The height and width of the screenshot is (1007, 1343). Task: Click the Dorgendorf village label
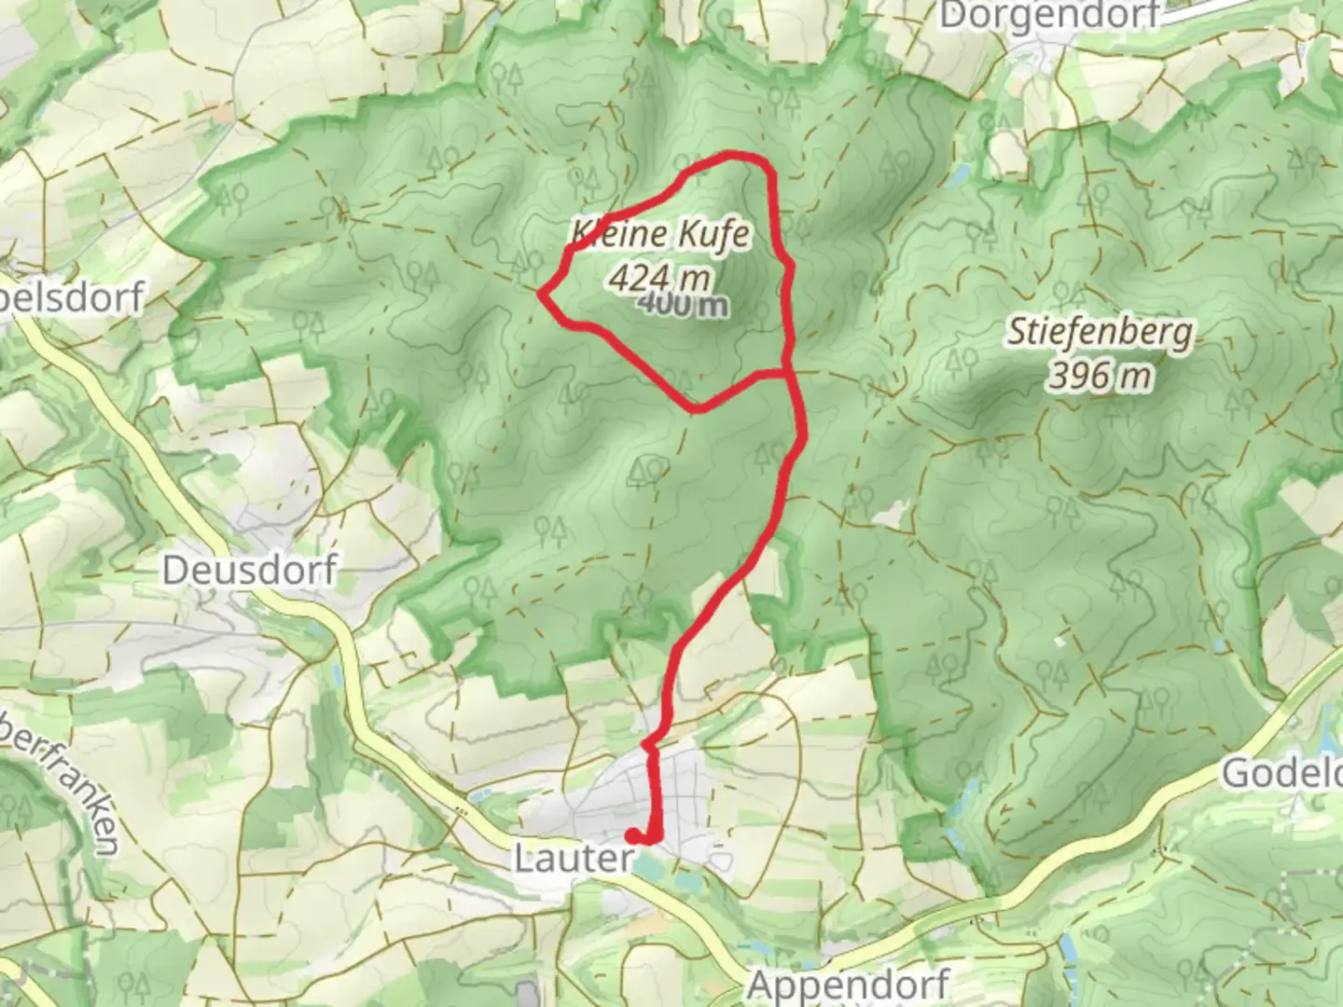(x=1049, y=16)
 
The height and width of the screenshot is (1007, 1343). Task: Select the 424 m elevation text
(x=658, y=277)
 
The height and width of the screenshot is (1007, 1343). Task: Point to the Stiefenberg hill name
(x=1099, y=333)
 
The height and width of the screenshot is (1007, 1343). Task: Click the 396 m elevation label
(x=1100, y=376)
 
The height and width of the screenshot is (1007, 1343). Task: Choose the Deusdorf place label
(x=249, y=569)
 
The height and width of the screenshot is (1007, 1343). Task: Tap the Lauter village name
(x=574, y=859)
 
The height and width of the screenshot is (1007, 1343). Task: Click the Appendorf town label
(x=849, y=984)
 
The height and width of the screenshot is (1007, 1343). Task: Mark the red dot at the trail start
(x=634, y=835)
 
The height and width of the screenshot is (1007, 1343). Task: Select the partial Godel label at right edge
(x=1283, y=773)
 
